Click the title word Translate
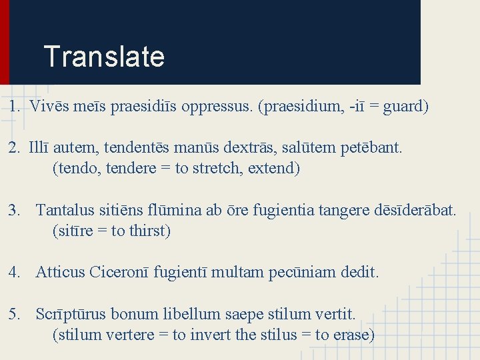click(x=103, y=57)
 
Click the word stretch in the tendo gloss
click(x=215, y=168)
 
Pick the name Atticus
click(x=60, y=272)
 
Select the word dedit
click(x=359, y=272)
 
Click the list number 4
click(x=14, y=272)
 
